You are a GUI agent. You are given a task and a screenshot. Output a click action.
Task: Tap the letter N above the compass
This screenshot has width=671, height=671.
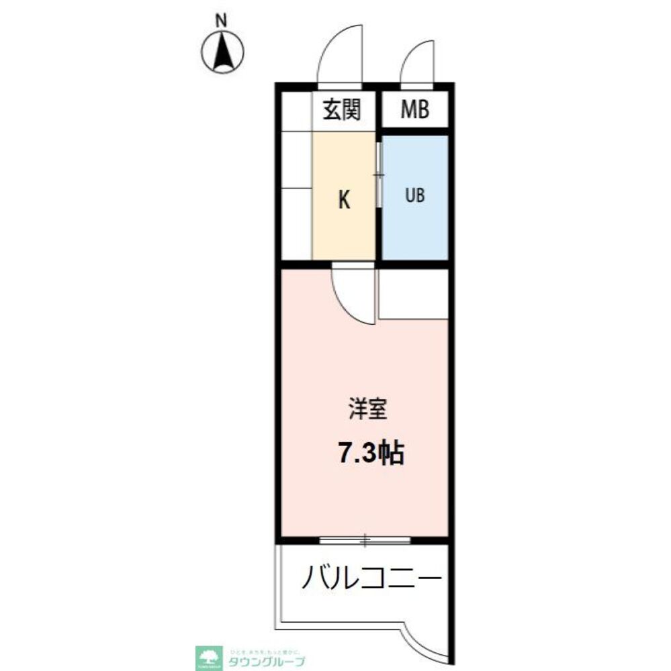pyautogui.click(x=220, y=21)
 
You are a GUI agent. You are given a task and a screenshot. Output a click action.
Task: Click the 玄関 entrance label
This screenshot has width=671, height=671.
pyautogui.click(x=341, y=109)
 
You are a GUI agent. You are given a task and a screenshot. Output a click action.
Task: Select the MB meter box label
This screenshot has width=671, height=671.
pyautogui.click(x=414, y=109)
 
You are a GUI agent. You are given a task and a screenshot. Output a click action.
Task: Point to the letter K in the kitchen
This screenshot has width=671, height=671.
pyautogui.click(x=343, y=200)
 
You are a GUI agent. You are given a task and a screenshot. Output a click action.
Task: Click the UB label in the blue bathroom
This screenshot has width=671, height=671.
pyautogui.click(x=414, y=196)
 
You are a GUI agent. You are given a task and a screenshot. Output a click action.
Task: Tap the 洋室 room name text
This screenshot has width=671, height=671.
pyautogui.click(x=367, y=409)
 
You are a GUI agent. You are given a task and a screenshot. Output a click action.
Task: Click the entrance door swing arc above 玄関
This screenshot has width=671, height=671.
pyautogui.click(x=339, y=57)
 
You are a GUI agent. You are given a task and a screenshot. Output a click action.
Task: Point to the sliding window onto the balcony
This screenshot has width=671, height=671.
pyautogui.click(x=365, y=539)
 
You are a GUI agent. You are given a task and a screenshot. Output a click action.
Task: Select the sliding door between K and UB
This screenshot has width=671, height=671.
pyautogui.click(x=379, y=176)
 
